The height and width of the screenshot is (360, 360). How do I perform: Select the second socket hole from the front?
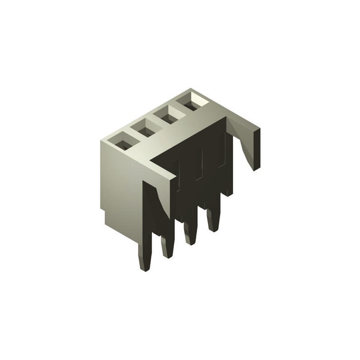(145, 130)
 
